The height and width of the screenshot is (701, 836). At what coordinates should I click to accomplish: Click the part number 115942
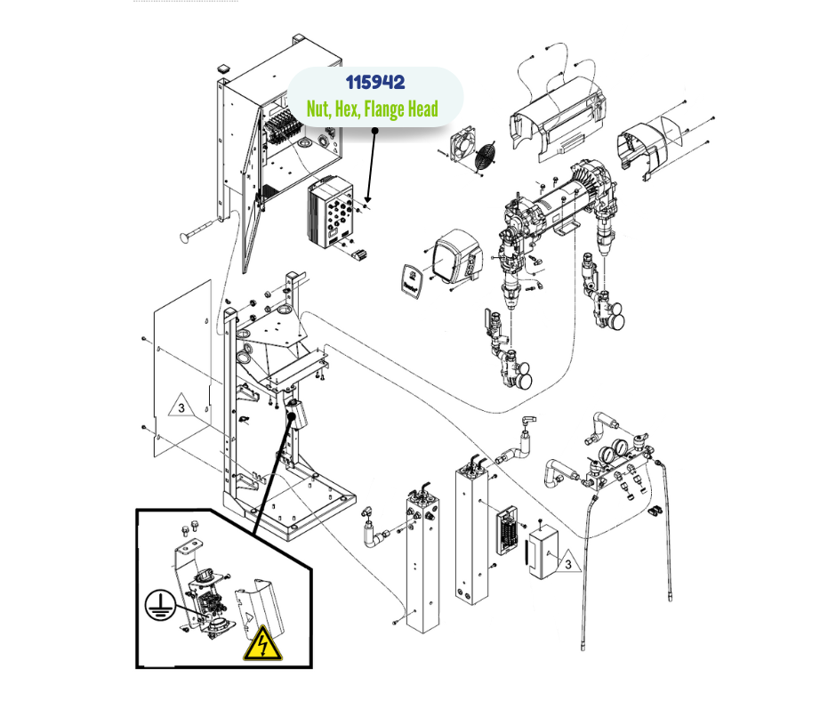(x=374, y=83)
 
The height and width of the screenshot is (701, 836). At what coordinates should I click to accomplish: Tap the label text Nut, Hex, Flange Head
(x=373, y=109)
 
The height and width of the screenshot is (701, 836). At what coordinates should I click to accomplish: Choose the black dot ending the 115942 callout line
(x=374, y=131)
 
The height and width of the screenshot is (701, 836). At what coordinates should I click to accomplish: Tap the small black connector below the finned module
(x=360, y=256)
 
